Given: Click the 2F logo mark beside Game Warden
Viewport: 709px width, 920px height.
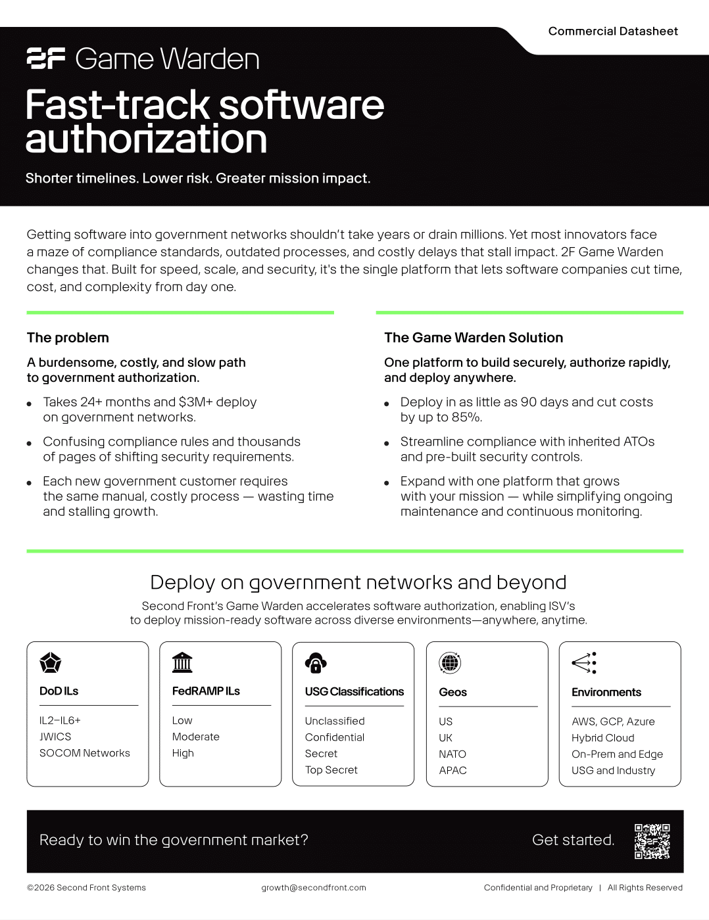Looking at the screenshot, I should [46, 58].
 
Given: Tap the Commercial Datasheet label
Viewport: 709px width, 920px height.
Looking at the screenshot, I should [613, 31].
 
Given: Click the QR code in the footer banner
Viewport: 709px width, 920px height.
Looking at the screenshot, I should [652, 841].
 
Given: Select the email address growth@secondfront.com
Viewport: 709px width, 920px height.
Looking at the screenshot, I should [314, 888].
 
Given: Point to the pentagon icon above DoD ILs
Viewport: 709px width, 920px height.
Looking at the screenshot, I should [51, 663].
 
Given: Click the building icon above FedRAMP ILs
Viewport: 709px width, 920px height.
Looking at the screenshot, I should [182, 662].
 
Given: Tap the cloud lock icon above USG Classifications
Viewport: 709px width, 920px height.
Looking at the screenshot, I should [316, 663].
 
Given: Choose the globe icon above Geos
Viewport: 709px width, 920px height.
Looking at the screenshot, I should [450, 663].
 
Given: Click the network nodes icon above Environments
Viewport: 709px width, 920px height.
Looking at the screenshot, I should [584, 663].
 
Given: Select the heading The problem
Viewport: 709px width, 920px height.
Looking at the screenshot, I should [68, 338].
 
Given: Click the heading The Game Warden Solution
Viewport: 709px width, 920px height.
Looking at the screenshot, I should [474, 338].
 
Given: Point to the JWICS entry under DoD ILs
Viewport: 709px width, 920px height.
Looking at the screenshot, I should [55, 737].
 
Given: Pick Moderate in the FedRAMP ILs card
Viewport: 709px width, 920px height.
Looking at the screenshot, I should [196, 737].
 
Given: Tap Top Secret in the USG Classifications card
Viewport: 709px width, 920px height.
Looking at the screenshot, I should [331, 770].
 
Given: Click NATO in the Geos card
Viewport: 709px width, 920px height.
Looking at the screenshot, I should [452, 754].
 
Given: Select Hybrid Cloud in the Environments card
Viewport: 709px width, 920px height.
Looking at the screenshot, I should [603, 738].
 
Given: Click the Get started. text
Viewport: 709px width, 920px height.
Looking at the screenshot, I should [573, 840].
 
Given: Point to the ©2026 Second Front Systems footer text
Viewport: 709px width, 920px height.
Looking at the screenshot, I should [86, 888].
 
